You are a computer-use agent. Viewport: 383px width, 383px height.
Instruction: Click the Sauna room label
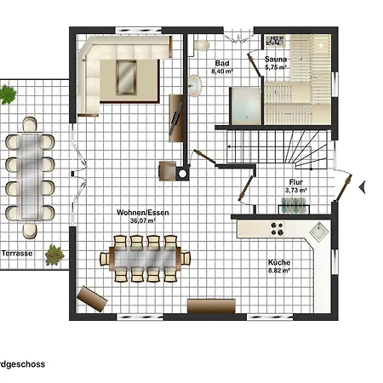point(276,60)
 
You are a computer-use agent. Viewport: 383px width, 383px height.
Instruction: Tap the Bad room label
point(222,63)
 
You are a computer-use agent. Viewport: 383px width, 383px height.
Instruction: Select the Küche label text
point(279,262)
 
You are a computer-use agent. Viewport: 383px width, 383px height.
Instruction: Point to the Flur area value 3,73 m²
point(296,190)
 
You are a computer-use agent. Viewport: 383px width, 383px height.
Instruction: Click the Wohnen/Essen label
point(143,213)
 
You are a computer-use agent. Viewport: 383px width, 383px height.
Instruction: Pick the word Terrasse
point(17,254)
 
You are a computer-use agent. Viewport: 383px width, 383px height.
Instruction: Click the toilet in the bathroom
point(201,45)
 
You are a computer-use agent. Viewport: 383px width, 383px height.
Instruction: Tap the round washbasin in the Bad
point(195,86)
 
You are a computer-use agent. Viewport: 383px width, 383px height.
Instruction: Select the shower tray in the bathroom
point(246,106)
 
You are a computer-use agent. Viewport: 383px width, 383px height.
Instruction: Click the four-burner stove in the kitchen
point(277,229)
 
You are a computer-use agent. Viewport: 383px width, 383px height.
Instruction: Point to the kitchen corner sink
point(319,232)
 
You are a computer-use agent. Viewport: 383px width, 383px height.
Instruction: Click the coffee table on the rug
point(126,77)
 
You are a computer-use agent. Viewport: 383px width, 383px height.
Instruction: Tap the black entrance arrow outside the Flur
point(362,187)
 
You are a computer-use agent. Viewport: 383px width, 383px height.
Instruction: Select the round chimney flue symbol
point(183,173)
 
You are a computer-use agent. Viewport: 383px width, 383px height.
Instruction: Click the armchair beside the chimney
point(167,171)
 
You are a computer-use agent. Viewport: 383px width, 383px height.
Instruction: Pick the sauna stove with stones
point(275,40)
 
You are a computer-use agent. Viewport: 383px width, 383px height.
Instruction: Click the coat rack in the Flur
point(294,205)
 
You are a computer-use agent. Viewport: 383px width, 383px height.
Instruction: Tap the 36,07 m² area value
point(143,220)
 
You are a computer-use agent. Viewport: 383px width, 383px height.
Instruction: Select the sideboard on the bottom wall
point(211,306)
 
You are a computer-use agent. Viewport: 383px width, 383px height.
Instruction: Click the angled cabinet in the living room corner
point(92,299)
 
